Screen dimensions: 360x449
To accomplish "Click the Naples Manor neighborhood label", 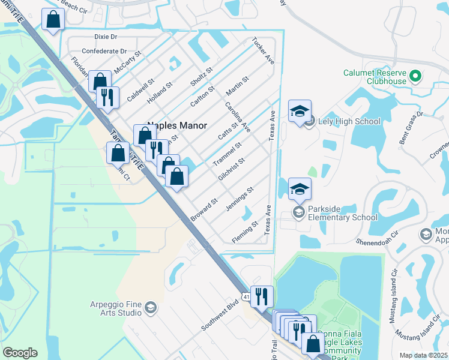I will [178, 125].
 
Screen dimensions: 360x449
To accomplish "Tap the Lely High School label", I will [351, 121].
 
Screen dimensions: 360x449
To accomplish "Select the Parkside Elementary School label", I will [343, 214].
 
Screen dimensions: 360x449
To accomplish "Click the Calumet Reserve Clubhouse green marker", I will [415, 77].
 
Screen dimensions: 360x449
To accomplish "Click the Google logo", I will [20, 353].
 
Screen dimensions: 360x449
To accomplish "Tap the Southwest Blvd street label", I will [220, 314].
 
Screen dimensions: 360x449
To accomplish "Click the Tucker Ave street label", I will [263, 52].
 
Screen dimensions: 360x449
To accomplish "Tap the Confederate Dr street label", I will [104, 52].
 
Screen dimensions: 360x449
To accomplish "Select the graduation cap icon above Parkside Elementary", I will [300, 189].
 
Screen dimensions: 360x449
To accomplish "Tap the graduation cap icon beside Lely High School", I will [300, 111].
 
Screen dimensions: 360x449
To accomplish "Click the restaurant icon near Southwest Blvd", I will [262, 295].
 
